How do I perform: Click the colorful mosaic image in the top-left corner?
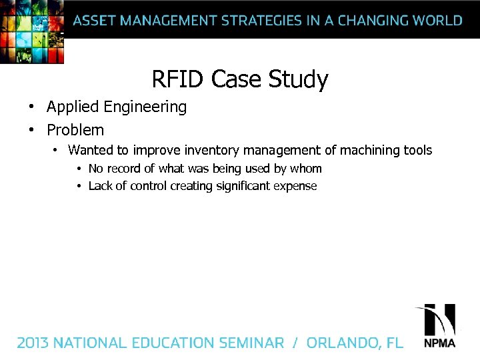(x=32, y=31)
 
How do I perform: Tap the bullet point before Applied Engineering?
(x=31, y=107)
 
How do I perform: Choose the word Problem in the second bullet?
(x=75, y=130)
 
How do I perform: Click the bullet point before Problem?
(x=31, y=130)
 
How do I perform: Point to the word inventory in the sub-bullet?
(x=211, y=151)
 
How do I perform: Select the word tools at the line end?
(x=416, y=151)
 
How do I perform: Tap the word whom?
(x=305, y=169)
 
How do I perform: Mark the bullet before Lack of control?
(x=79, y=186)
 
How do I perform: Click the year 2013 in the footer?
(x=33, y=343)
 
